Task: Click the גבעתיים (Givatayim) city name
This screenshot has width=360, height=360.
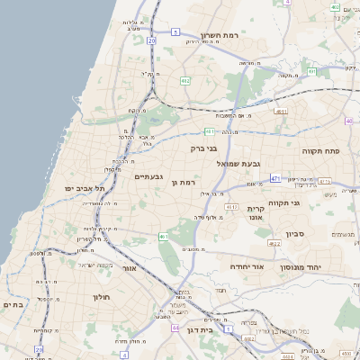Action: point(148,177)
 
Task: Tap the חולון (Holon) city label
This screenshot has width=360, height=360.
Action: point(100,296)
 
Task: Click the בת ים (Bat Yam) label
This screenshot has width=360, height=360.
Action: point(13,304)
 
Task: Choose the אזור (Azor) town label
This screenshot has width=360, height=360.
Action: point(130,268)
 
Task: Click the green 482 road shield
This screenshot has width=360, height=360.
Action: point(185,82)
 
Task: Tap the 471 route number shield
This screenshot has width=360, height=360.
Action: point(274,178)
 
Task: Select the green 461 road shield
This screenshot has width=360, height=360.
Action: point(164,237)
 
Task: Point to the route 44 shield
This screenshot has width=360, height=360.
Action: point(175,328)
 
